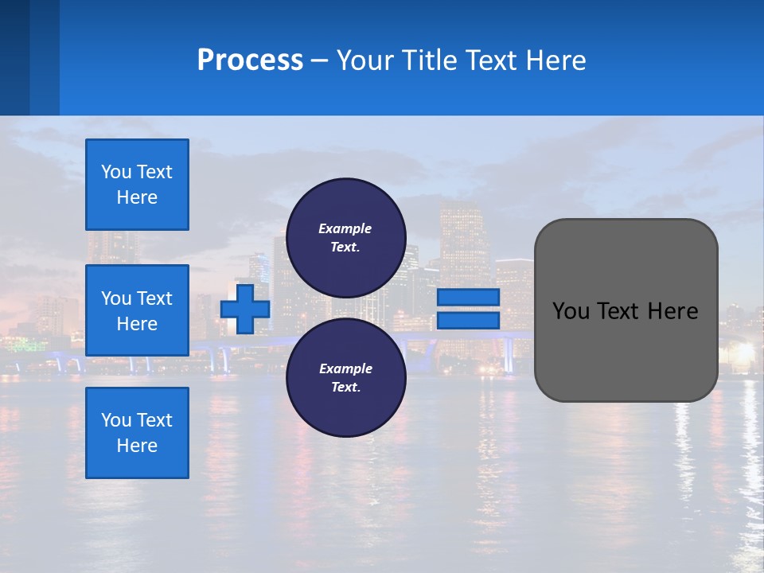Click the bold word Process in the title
[x=250, y=60]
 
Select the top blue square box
[x=137, y=185]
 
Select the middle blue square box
[x=137, y=310]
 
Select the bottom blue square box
[x=137, y=433]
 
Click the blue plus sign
[x=245, y=309]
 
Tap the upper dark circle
[x=345, y=238]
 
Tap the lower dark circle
[x=345, y=378]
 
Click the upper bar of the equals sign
[x=468, y=297]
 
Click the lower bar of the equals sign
[x=468, y=321]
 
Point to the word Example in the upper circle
[x=345, y=228]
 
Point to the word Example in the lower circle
[x=345, y=368]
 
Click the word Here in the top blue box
[x=137, y=197]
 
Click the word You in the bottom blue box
[x=115, y=420]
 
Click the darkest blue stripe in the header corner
[x=14, y=57]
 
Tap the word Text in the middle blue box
[x=154, y=298]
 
